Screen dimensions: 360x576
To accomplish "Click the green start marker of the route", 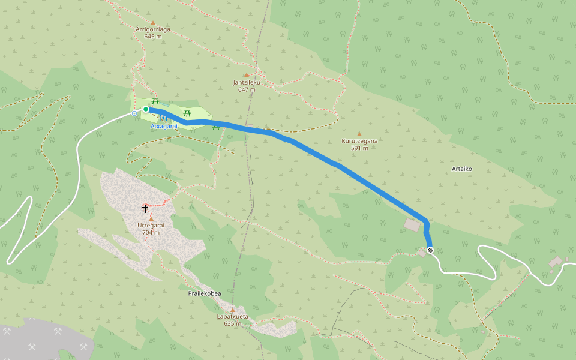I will [146, 109].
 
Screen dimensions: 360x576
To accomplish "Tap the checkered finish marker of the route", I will [430, 250].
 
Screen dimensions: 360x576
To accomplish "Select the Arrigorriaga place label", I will [154, 29].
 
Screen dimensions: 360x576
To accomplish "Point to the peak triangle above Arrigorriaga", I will [153, 22].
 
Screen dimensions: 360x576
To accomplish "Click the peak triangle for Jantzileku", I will [246, 75].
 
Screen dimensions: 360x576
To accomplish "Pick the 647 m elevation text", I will [246, 89].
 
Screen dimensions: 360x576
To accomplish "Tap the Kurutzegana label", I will [359, 141].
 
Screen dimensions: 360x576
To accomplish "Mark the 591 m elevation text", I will [359, 148].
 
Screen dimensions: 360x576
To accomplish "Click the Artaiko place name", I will [461, 169].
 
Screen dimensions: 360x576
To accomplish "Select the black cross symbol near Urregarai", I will [145, 209].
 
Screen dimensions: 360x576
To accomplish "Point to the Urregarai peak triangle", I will [151, 219].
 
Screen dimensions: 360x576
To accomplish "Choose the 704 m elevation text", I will [151, 232].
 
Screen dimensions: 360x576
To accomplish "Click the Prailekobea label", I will [205, 293].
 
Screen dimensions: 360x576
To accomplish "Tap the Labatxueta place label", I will [232, 316].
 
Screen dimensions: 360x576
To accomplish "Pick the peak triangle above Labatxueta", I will [232, 310].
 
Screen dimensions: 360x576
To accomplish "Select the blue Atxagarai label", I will [163, 127].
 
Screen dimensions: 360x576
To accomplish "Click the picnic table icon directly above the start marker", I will [155, 101].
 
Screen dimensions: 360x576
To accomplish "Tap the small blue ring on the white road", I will [134, 113].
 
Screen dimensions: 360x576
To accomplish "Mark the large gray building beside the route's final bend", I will [412, 225].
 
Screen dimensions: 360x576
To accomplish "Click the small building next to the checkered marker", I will [422, 253].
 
